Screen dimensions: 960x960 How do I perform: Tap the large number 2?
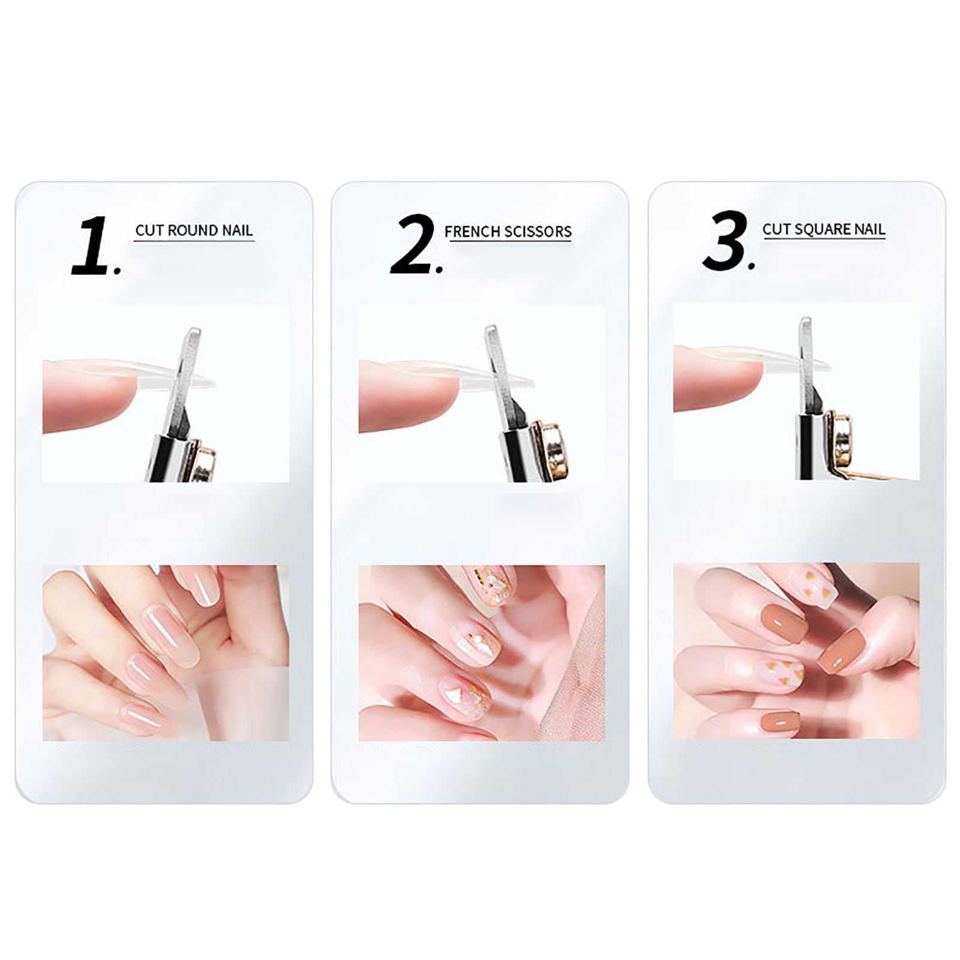(x=412, y=244)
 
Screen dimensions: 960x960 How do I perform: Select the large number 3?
(x=725, y=240)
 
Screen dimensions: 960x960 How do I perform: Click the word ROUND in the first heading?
(x=191, y=230)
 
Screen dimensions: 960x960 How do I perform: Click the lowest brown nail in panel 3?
(x=778, y=722)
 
